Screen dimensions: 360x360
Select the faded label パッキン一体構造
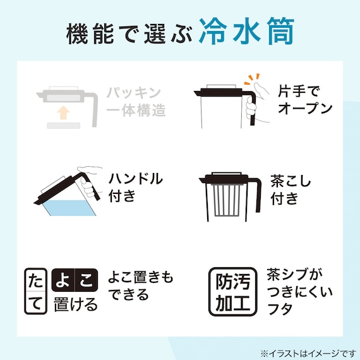[136, 101]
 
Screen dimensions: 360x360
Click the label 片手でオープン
[305, 100]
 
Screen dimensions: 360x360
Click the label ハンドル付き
[135, 187]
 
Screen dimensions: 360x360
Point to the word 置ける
[75, 304]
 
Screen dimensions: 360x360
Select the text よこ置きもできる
[140, 286]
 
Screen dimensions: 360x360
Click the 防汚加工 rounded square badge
[233, 291]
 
